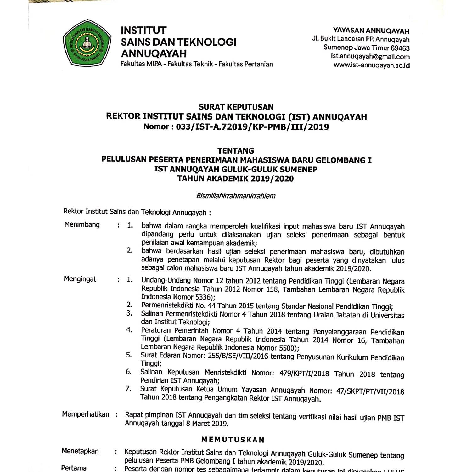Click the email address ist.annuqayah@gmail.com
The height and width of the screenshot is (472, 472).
(370, 57)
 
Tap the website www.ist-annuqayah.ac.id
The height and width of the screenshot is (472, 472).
(372, 65)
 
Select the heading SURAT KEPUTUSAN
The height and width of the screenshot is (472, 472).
(236, 107)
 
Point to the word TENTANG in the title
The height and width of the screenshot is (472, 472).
(236, 151)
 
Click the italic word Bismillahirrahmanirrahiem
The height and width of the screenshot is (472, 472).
(236, 196)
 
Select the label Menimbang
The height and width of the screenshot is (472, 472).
(82, 225)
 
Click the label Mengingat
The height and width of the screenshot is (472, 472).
(80, 279)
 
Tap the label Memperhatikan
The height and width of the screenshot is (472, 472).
(86, 414)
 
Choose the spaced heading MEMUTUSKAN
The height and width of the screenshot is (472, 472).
(233, 440)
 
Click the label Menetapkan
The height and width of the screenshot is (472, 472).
(80, 451)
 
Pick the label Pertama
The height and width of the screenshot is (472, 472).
(74, 468)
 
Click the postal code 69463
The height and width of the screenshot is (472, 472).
(400, 48)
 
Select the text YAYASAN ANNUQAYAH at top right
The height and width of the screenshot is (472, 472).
(371, 31)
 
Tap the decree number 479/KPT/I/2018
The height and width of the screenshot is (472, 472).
(304, 374)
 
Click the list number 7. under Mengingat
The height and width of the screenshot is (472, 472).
(128, 389)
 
